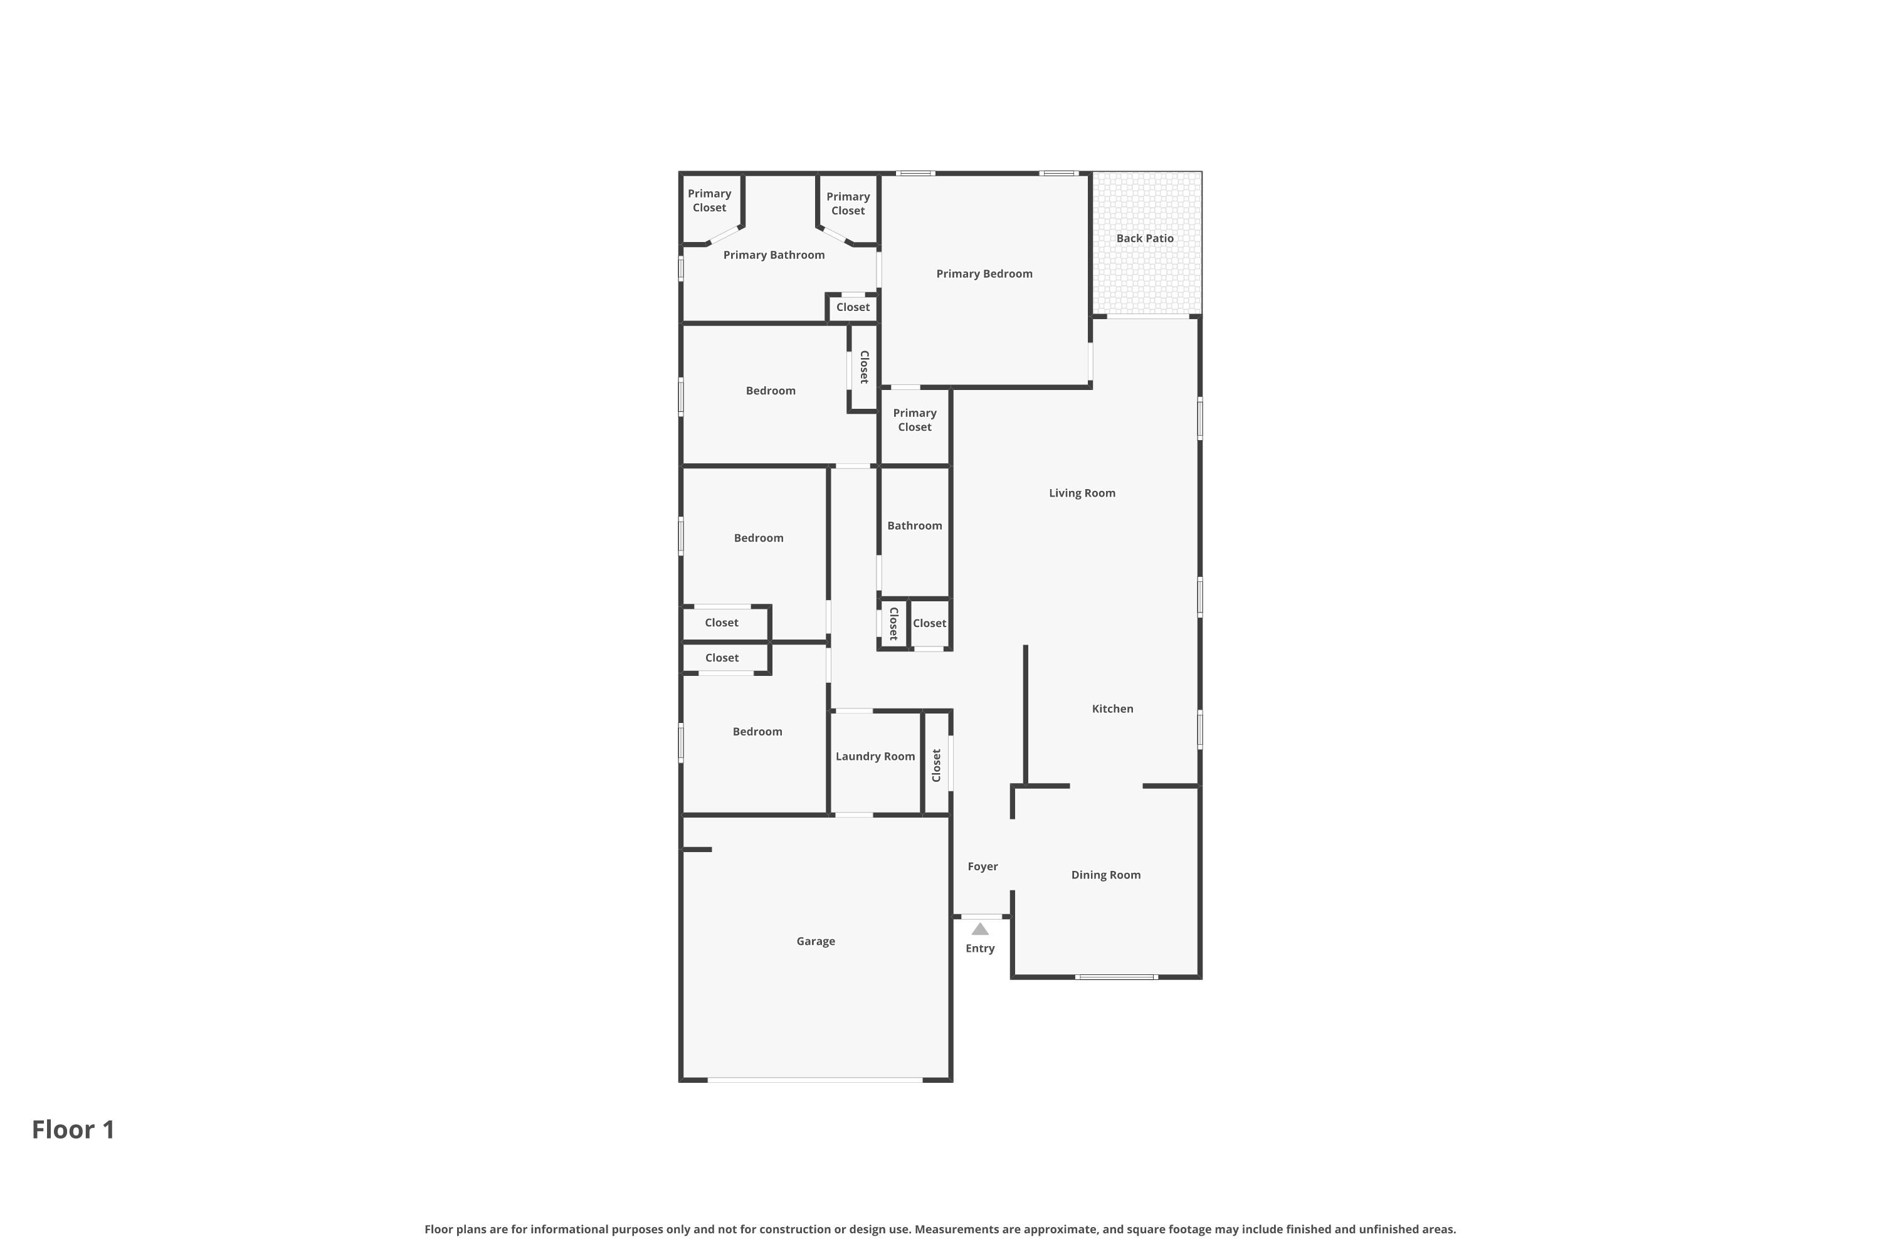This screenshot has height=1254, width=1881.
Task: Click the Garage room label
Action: pos(815,941)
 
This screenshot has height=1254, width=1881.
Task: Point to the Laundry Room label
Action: pos(875,757)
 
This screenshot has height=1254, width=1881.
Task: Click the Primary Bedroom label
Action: pos(984,273)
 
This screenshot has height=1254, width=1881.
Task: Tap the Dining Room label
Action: pos(1105,875)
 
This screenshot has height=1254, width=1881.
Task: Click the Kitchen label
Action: pos(1112,709)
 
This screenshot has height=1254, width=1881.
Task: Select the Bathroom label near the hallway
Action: pos(914,525)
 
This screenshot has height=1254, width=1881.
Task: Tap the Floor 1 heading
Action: pos(73,1129)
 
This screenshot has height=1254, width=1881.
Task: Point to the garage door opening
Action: pos(815,1080)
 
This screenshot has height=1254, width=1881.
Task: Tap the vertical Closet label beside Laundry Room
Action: pos(937,766)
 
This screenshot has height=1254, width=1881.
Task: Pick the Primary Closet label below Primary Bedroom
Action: pos(914,420)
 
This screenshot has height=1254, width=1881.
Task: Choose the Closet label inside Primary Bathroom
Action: pos(853,307)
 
